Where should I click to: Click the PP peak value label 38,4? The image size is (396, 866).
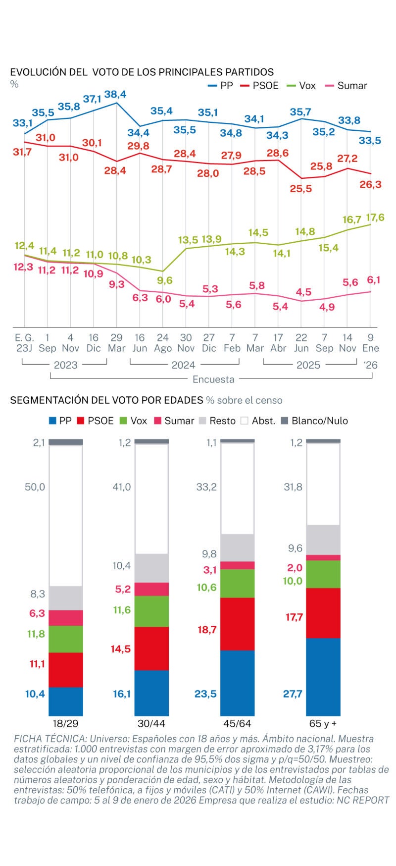[115, 94]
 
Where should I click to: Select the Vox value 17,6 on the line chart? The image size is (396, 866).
[375, 217]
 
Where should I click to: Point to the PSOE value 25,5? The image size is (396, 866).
[301, 189]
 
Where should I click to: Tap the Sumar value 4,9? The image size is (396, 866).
[327, 307]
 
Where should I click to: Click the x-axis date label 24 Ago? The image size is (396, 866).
[162, 343]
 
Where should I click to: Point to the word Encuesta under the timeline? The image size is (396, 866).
[213, 379]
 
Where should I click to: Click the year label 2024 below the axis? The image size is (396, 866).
[183, 365]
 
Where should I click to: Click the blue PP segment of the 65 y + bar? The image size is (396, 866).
[323, 676]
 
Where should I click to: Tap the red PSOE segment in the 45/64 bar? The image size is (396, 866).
[237, 624]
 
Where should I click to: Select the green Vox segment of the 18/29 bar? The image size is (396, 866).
[66, 639]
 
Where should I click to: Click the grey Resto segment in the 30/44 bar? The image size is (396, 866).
[151, 568]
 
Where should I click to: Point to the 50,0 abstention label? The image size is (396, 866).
[35, 487]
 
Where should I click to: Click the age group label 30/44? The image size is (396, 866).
[151, 723]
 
